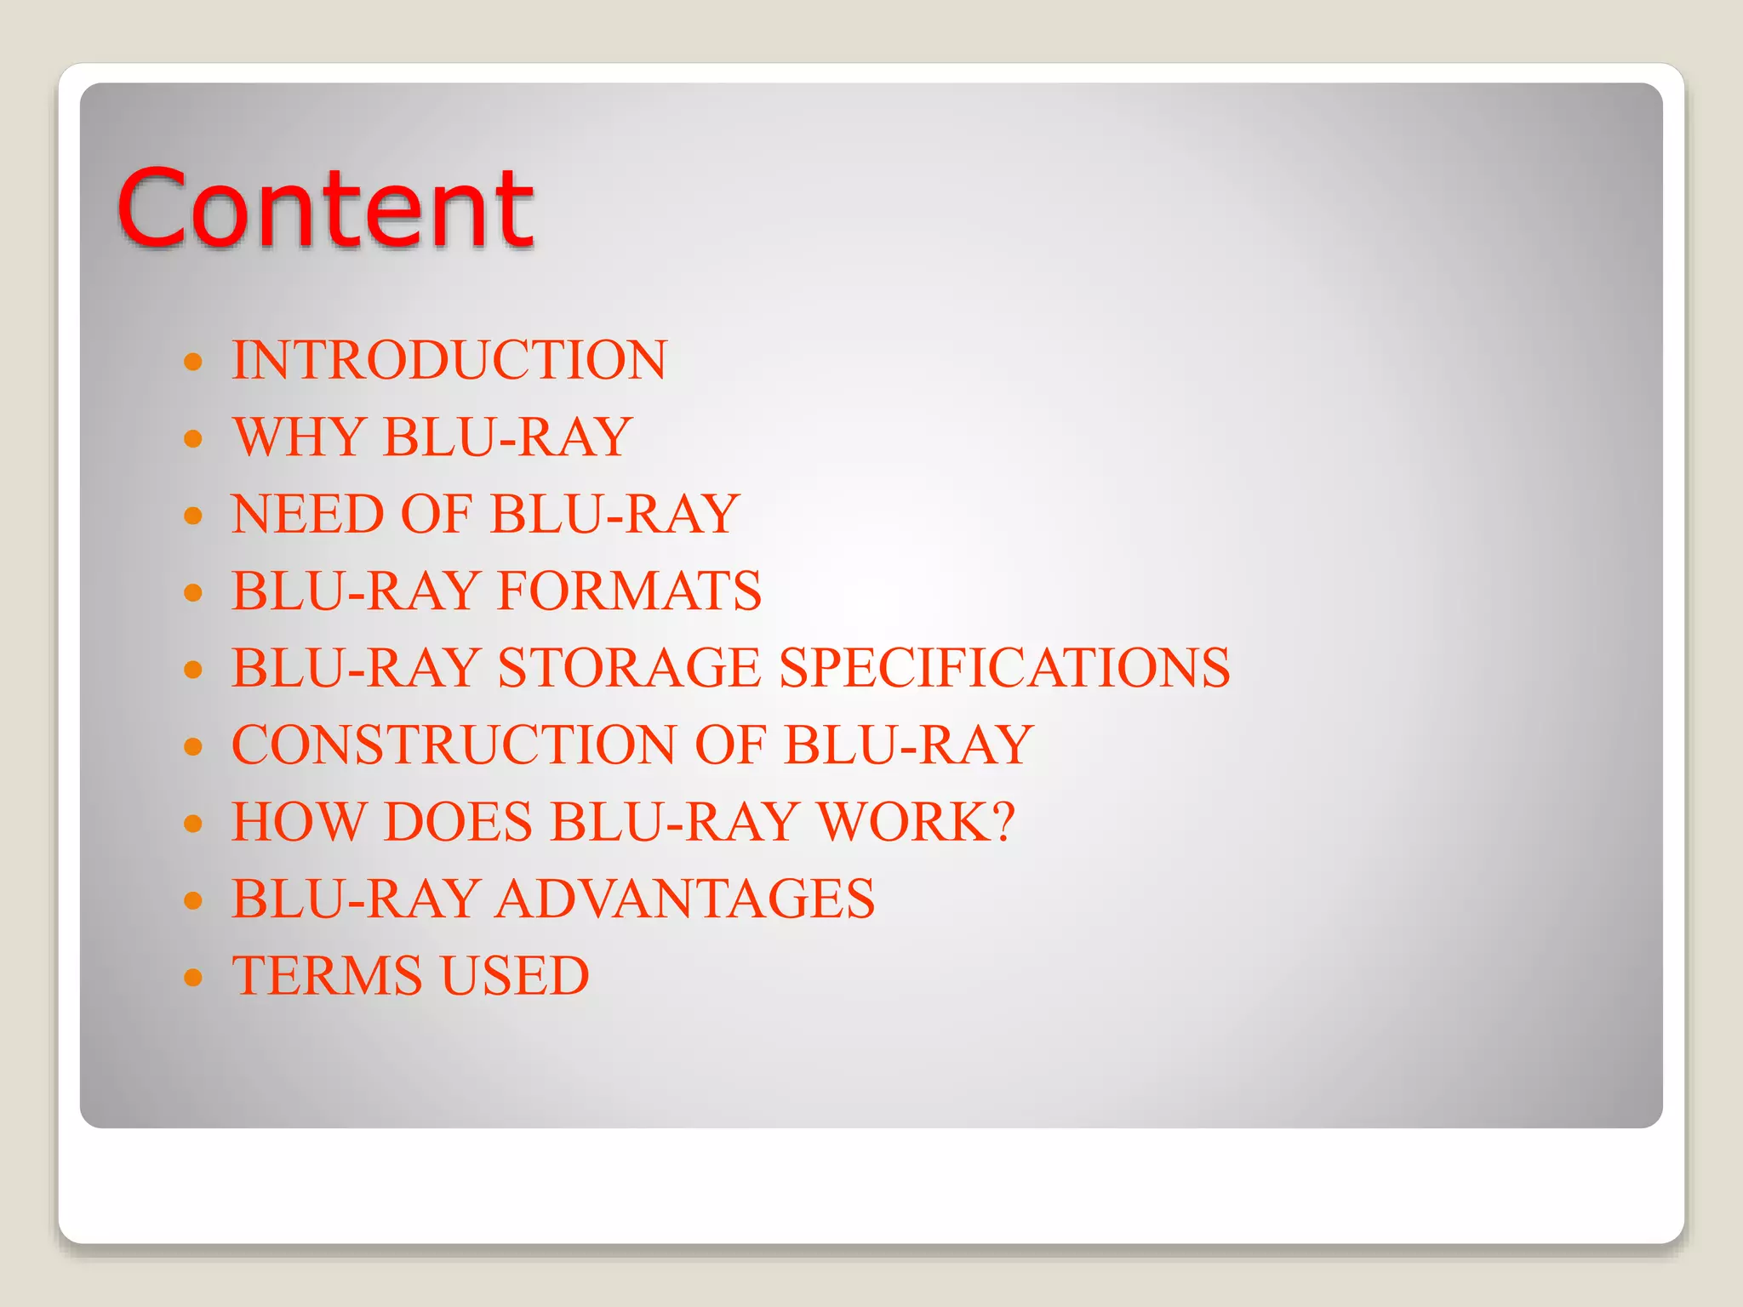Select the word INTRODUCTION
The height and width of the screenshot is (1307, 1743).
(449, 360)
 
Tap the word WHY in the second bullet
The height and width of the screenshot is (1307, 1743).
(300, 437)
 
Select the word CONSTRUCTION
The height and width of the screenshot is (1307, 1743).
(454, 745)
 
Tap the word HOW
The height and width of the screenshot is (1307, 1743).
(298, 822)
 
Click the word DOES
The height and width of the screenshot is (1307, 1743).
(458, 822)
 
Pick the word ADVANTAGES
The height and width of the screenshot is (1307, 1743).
(685, 899)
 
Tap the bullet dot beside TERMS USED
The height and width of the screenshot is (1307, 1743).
(194, 978)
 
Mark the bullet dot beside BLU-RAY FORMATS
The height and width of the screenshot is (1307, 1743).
(194, 593)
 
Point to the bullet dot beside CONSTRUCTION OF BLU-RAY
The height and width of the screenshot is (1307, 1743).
(194, 747)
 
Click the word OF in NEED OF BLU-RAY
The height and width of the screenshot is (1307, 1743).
(436, 514)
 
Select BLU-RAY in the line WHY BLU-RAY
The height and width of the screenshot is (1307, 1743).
(507, 437)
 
